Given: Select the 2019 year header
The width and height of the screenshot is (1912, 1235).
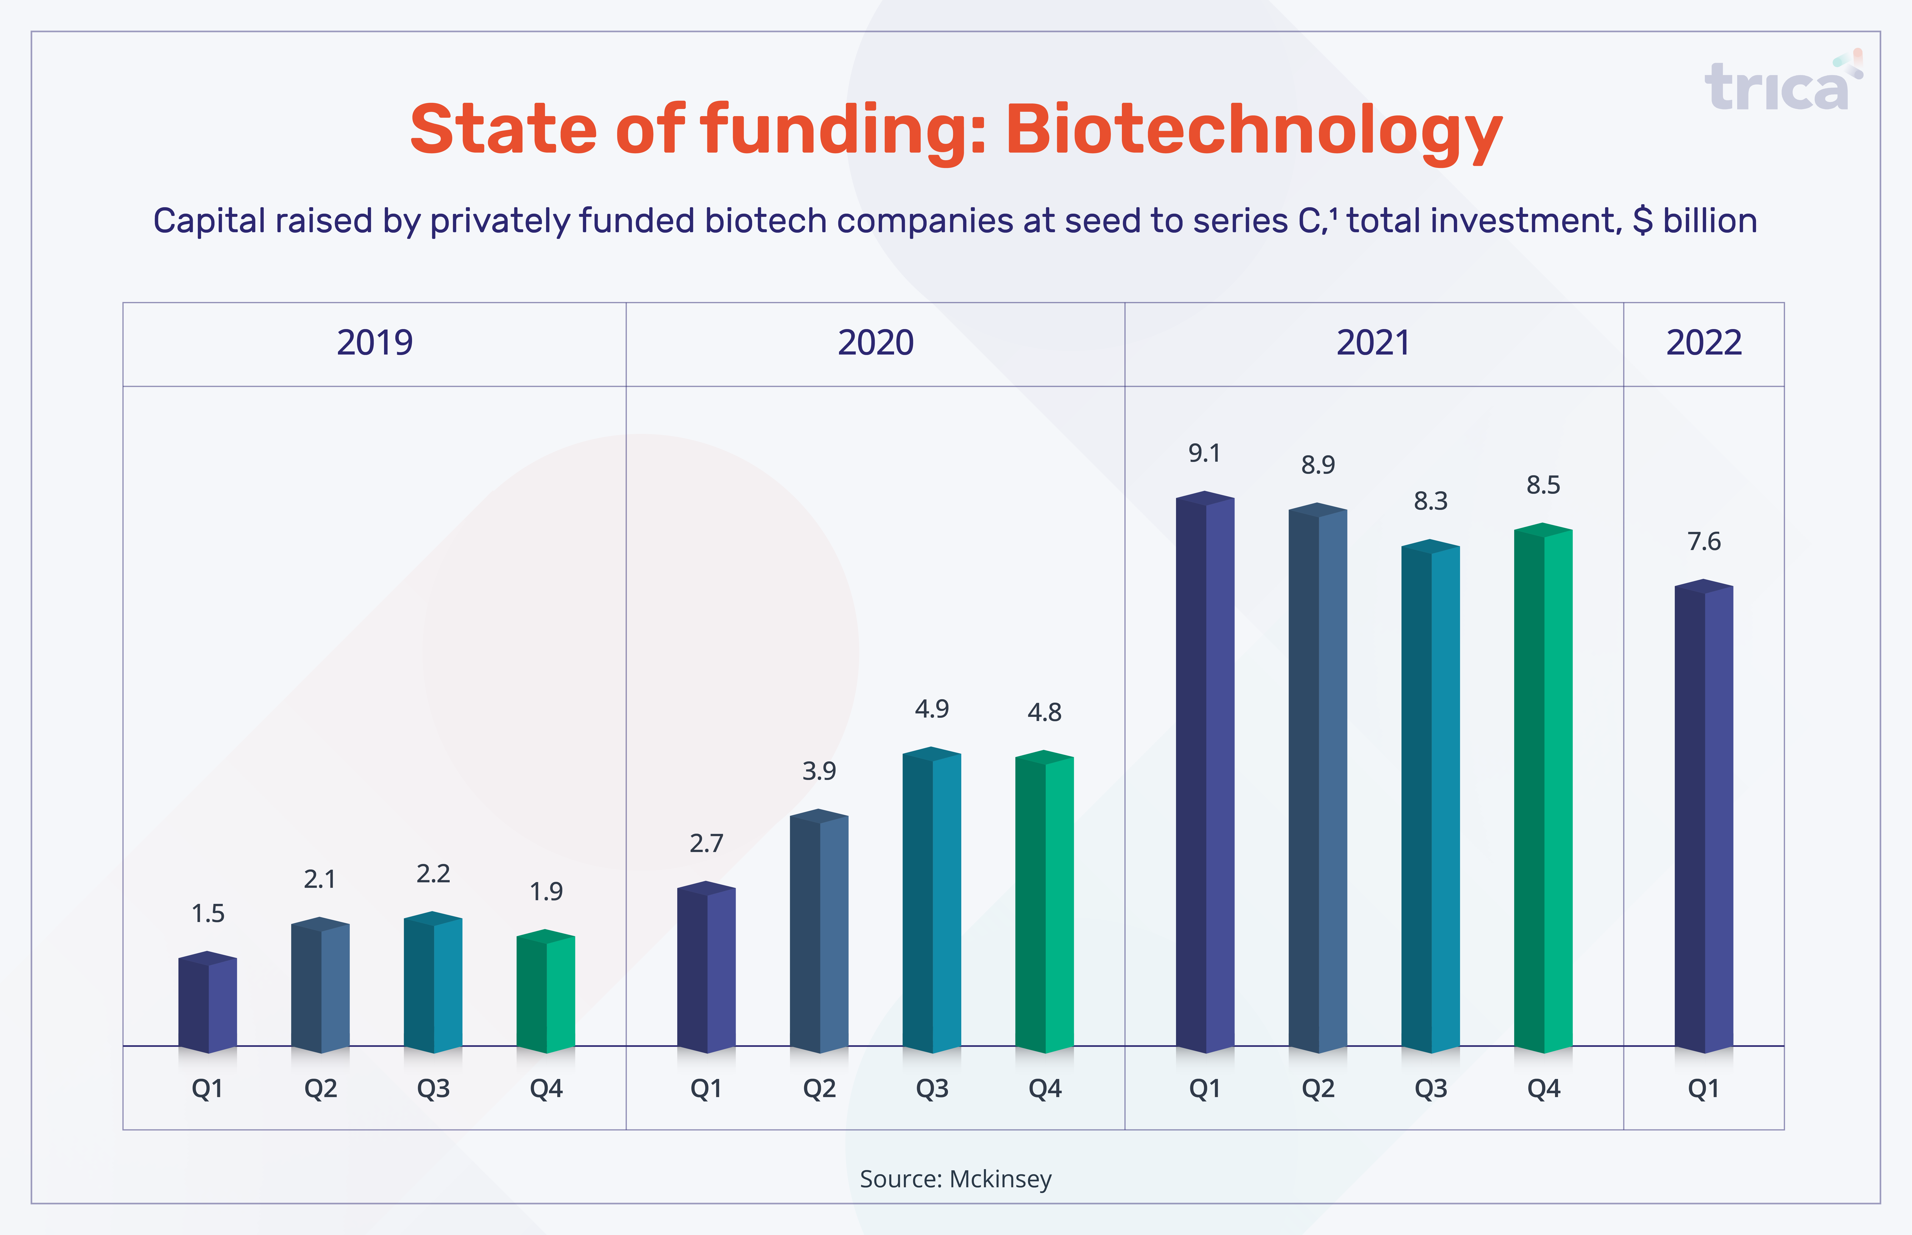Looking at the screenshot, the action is (374, 343).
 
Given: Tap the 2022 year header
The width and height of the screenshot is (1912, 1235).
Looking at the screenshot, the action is (1703, 343).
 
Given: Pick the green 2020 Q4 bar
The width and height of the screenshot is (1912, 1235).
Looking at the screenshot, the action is (1045, 901).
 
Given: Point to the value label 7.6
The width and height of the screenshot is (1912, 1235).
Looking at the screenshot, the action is (1703, 542).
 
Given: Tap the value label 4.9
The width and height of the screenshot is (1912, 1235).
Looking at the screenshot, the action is (931, 709).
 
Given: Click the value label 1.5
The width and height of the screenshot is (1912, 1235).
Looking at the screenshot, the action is (208, 914).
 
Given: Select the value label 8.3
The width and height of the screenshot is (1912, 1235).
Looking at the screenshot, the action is (1430, 501).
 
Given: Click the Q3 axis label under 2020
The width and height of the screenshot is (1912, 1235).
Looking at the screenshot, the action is (931, 1089).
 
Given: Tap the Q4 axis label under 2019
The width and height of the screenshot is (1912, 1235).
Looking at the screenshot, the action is (546, 1089).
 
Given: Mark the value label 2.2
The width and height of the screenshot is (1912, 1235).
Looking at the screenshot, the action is (433, 874).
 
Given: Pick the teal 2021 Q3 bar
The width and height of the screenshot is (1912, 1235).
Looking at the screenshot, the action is (1430, 796).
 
